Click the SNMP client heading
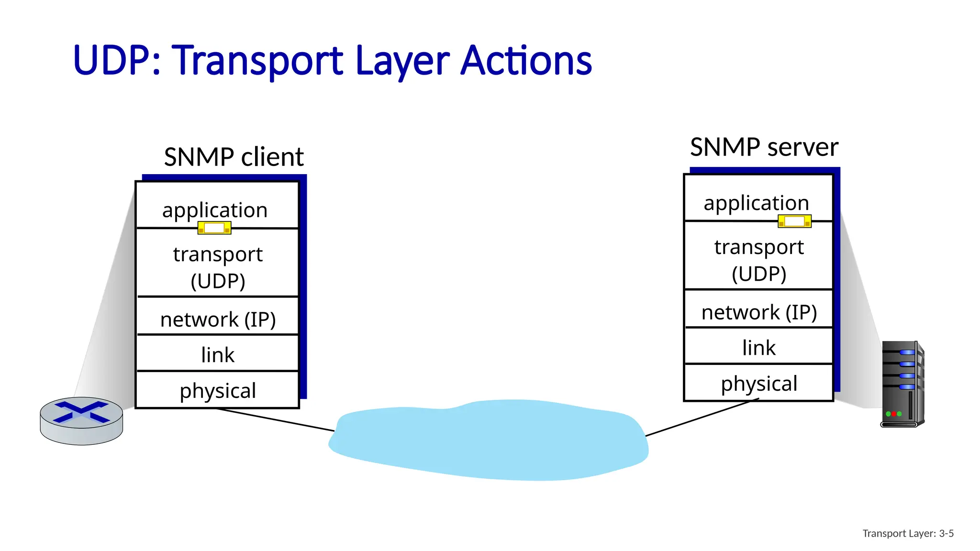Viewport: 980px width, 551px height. (234, 157)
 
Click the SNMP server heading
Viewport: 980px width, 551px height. (764, 147)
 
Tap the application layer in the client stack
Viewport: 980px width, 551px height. (215, 209)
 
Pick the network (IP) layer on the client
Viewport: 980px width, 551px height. (218, 319)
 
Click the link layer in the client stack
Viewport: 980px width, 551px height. (218, 354)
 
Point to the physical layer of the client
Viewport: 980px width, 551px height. (218, 390)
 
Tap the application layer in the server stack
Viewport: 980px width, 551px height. (756, 202)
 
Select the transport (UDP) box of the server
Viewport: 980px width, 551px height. (759, 259)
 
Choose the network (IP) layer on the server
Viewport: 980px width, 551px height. (759, 312)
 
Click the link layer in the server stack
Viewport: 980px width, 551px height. (759, 347)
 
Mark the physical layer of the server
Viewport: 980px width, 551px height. (759, 383)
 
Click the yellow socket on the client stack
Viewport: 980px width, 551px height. (214, 228)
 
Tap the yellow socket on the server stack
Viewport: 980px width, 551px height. (794, 221)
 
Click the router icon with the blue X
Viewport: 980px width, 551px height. (81, 419)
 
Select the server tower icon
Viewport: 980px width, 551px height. (902, 384)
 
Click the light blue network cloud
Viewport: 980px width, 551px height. (488, 440)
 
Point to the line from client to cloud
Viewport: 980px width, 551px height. (275, 419)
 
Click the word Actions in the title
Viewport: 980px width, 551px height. (526, 61)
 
